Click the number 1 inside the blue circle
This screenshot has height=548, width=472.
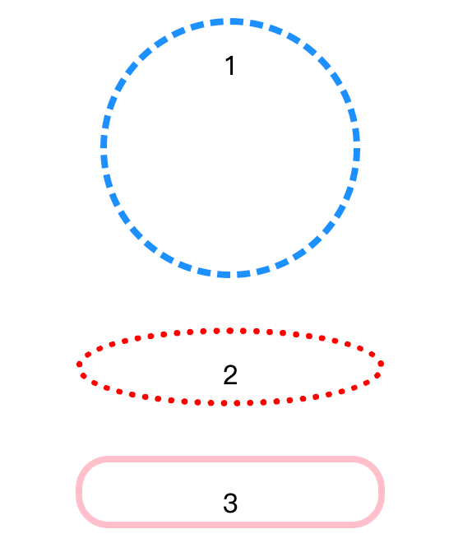[230, 65]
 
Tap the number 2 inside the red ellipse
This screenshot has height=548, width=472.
[230, 374]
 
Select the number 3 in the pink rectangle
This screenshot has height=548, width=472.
[230, 503]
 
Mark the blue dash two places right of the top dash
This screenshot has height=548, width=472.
[275, 30]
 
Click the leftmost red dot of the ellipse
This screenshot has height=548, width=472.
[79, 365]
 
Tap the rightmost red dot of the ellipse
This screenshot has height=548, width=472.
[382, 364]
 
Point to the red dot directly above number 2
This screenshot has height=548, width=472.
[230, 331]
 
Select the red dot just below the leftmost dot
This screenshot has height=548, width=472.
[83, 376]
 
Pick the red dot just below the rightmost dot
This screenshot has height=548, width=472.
[377, 375]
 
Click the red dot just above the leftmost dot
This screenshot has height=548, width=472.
[88, 355]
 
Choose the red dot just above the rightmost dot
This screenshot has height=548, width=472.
[372, 355]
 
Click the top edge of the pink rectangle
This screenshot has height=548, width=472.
[230, 459]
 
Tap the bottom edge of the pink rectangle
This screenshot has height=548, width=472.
[230, 525]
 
